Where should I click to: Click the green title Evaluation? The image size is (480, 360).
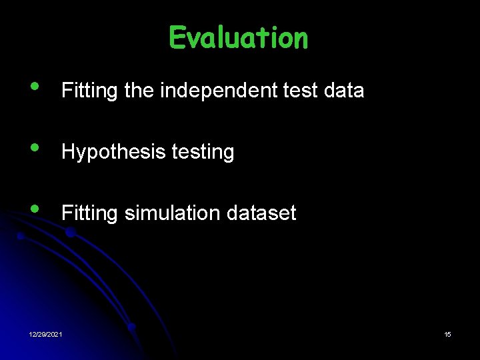pos(239,38)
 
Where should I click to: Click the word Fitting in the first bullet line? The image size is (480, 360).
pos(90,91)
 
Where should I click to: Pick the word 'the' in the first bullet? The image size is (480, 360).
pos(139,91)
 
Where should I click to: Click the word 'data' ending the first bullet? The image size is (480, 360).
pos(345,91)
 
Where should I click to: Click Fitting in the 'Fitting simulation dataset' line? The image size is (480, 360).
pos(90,213)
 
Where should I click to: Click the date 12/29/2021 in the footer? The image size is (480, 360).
pos(46,334)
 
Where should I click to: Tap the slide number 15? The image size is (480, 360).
pos(447,334)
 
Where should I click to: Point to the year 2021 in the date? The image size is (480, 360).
pos(55,334)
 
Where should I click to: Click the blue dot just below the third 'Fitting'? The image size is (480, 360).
pos(69,232)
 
